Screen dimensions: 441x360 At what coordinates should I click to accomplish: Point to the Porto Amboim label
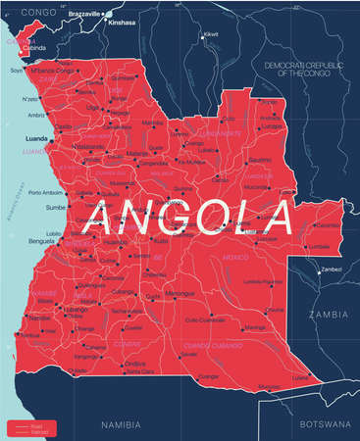pos(46,192)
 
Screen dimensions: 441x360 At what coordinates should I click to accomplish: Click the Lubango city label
pos(76,309)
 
